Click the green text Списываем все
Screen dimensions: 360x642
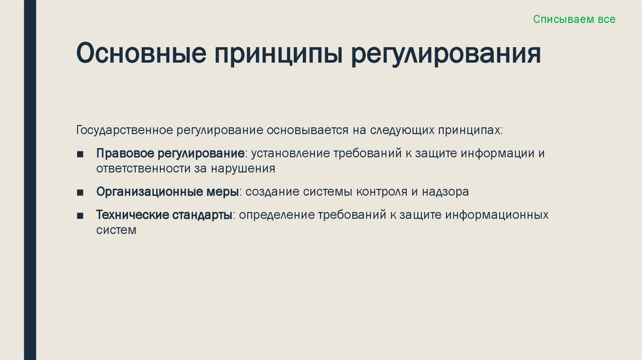[574, 19]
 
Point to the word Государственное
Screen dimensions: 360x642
[125, 131]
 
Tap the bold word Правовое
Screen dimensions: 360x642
[124, 154]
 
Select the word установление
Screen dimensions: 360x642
[288, 154]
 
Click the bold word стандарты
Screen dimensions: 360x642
[201, 215]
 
